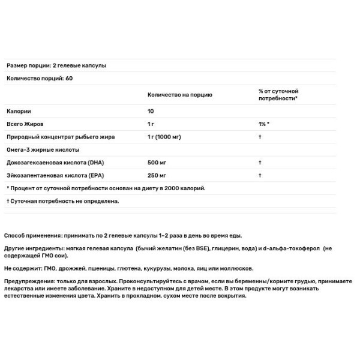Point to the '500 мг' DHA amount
(157, 163)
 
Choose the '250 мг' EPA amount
(157, 175)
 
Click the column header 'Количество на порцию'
(179, 95)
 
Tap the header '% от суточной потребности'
(278, 95)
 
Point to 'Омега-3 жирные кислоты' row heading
(43, 150)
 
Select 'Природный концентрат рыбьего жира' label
(61, 137)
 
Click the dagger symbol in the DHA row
(260, 163)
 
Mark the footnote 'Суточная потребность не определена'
(64, 201)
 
